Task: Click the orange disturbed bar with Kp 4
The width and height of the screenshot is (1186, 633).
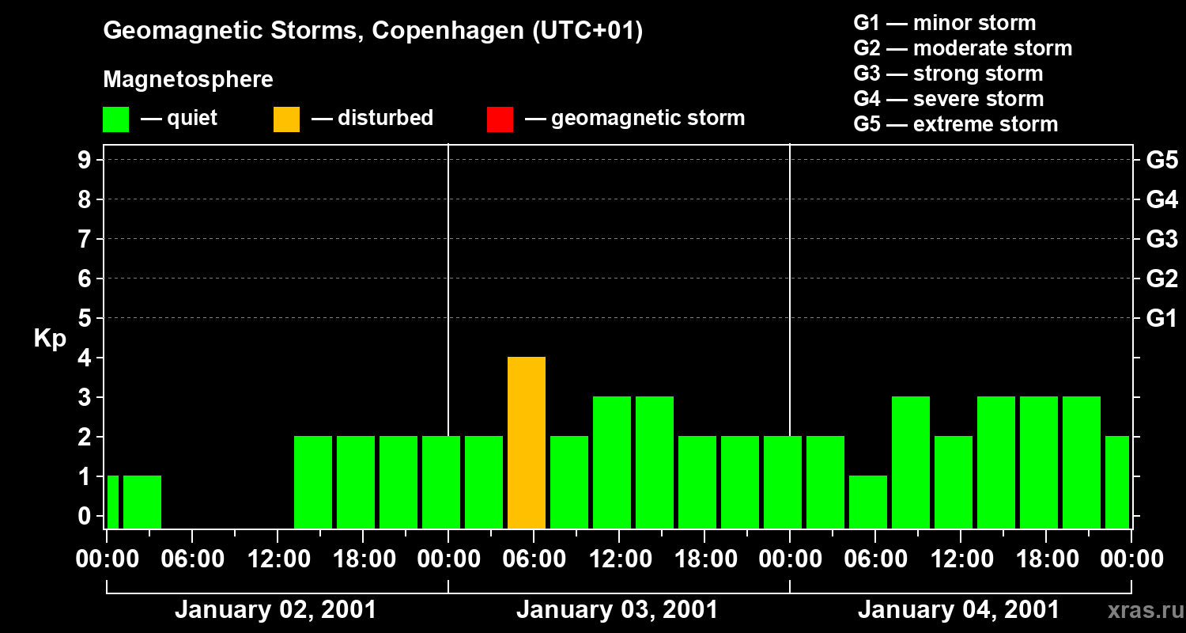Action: (x=527, y=442)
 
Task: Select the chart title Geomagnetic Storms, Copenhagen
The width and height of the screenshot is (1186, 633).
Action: (x=372, y=31)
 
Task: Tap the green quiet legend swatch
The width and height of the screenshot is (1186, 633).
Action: (x=115, y=119)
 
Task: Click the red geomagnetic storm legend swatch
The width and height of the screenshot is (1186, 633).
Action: (x=500, y=119)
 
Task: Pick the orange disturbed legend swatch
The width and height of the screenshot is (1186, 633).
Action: (x=286, y=119)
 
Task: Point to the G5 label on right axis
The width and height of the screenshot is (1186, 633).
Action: (x=1161, y=160)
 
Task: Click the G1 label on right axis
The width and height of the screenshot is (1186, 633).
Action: (x=1161, y=318)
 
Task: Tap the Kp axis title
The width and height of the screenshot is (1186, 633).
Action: (x=50, y=339)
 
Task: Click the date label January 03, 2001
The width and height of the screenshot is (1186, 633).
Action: (x=617, y=610)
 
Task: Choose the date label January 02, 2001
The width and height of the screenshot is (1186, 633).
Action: (x=275, y=610)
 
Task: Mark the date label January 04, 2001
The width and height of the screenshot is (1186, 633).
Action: (x=958, y=610)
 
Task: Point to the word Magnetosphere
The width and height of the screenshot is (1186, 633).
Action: (x=188, y=80)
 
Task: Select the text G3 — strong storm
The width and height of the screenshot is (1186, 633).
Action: (x=948, y=74)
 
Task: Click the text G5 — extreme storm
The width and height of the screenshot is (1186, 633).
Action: (x=955, y=124)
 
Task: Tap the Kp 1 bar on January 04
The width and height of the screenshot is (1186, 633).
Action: (x=868, y=502)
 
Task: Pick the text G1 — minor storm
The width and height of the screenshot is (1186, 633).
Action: (x=944, y=23)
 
